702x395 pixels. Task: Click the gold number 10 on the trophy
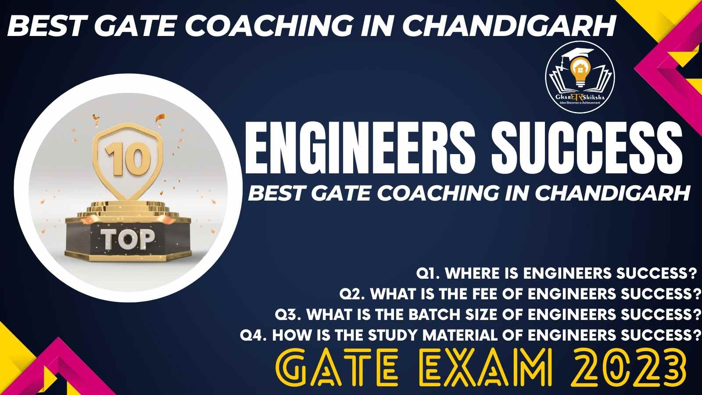pos(128,159)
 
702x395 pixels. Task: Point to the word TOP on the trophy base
pos(128,239)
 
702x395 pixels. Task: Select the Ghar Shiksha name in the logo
pos(580,97)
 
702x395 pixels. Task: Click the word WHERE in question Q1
pos(473,273)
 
